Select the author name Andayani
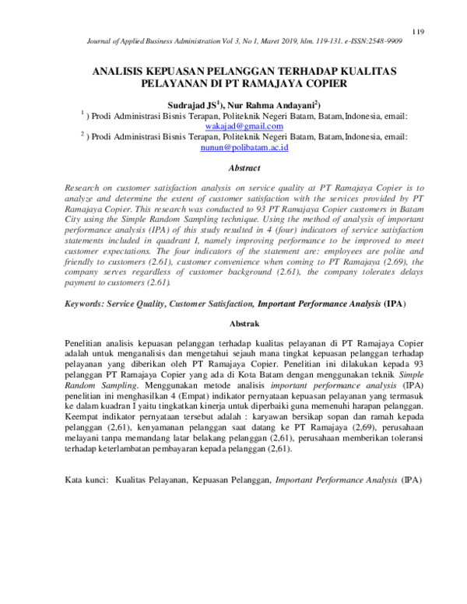tap(293, 104)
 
